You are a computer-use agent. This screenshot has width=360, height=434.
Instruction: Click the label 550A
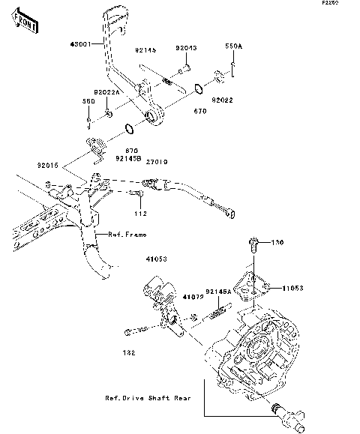pos(234,46)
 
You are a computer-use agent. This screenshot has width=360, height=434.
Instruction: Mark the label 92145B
pos(128,158)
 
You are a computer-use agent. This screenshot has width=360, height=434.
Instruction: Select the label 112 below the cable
pos(140,213)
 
